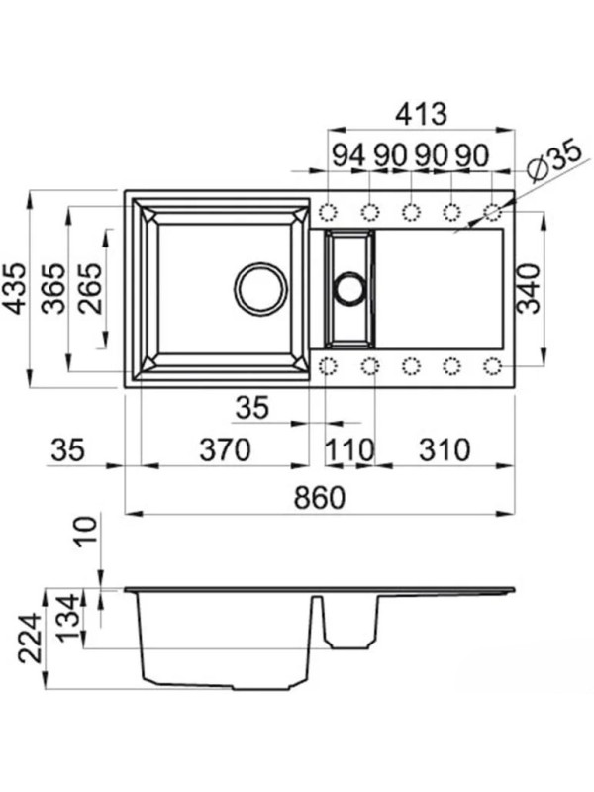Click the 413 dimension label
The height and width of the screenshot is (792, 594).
[421, 114]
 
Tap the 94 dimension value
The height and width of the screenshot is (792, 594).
[349, 155]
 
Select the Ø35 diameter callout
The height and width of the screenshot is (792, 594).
[552, 161]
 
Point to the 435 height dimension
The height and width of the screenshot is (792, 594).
[16, 288]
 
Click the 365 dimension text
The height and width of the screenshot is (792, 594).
[54, 288]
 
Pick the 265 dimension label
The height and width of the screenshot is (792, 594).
[91, 288]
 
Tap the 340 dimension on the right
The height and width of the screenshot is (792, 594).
[530, 289]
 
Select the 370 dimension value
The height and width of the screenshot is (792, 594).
[225, 449]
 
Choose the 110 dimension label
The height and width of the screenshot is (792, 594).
[349, 449]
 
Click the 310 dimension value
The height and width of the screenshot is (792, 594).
[445, 449]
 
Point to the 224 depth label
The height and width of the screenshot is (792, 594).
[30, 638]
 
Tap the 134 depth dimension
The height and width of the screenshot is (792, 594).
[67, 617]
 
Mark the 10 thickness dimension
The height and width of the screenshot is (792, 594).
[86, 533]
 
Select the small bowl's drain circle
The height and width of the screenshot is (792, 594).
[348, 289]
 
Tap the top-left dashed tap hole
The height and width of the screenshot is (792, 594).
[329, 213]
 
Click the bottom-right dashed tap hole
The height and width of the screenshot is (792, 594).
[492, 366]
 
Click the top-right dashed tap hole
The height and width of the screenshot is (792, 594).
[492, 213]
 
